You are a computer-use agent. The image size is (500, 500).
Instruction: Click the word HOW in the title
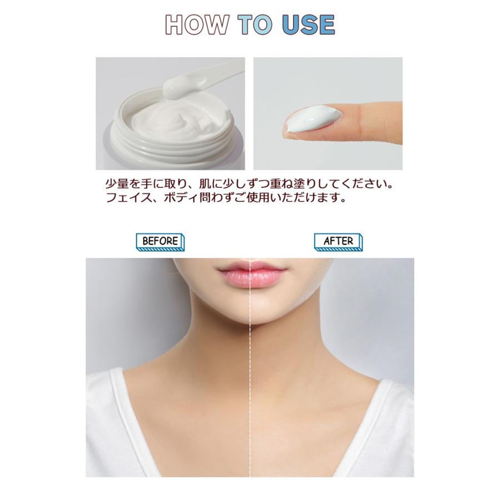(197, 24)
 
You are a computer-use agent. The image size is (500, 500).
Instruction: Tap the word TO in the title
(255, 24)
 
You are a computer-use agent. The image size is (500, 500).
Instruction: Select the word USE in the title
(308, 24)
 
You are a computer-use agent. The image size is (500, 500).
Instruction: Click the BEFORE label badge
(160, 242)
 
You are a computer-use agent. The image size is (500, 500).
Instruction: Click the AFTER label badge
(338, 242)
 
